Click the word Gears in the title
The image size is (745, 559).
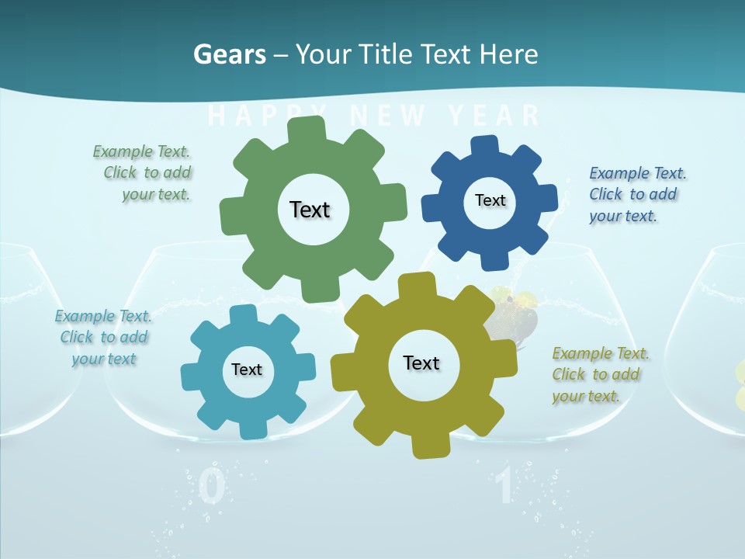(229, 54)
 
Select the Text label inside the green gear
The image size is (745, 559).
(310, 210)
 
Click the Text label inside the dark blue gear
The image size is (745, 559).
(490, 200)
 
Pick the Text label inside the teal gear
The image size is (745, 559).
(247, 370)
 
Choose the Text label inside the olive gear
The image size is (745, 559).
(421, 363)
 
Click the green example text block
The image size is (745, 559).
(144, 173)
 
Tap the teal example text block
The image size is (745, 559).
(103, 337)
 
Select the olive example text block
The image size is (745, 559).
(600, 374)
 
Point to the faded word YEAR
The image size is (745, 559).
(494, 116)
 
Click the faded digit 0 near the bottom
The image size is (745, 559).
(212, 488)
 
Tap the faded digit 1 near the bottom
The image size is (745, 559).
(504, 488)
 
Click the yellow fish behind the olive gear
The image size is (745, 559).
(512, 311)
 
